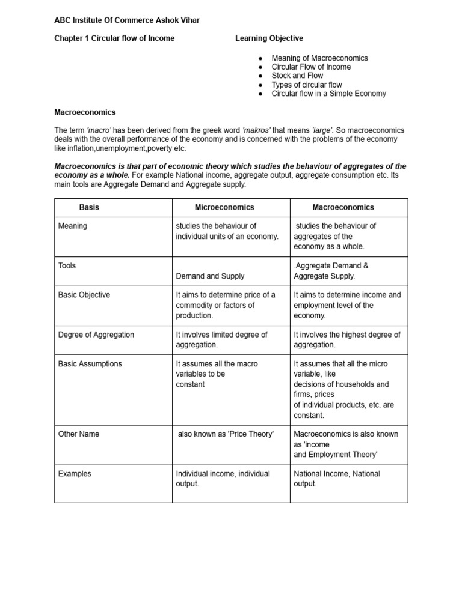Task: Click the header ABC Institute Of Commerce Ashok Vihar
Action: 127,20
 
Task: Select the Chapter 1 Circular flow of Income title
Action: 114,38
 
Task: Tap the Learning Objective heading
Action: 269,38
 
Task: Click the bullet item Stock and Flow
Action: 297,76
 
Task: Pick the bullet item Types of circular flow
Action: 307,85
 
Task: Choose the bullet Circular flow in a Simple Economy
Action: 328,94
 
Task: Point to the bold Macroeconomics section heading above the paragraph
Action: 85,112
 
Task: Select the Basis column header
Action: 89,207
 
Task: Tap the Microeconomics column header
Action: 224,207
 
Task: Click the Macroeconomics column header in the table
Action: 343,207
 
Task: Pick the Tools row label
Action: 67,265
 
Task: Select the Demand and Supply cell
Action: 210,276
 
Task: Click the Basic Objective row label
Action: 84,295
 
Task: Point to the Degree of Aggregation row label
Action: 96,335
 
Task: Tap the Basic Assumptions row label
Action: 90,364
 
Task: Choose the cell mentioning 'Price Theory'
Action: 226,434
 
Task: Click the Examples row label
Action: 75,474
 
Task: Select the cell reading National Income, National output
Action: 337,479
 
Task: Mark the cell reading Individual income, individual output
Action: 223,479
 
